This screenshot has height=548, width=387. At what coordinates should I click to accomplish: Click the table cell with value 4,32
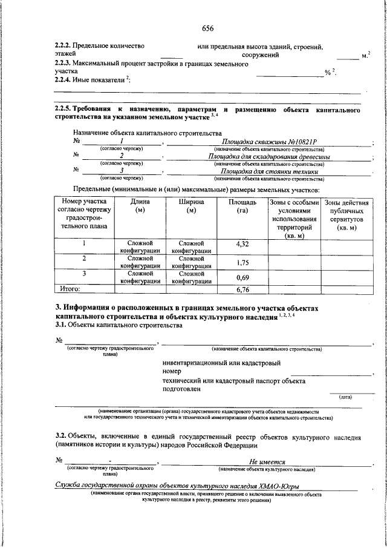(x=242, y=245)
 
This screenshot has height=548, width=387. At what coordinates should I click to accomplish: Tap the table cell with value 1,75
(x=242, y=262)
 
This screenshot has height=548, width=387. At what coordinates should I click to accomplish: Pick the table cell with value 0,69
(x=242, y=277)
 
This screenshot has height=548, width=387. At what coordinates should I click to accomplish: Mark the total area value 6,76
(x=242, y=289)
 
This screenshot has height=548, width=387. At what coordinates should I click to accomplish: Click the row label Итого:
(x=68, y=289)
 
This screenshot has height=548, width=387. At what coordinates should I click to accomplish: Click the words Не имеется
(x=267, y=461)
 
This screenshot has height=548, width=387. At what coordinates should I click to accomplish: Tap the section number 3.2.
(x=60, y=436)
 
